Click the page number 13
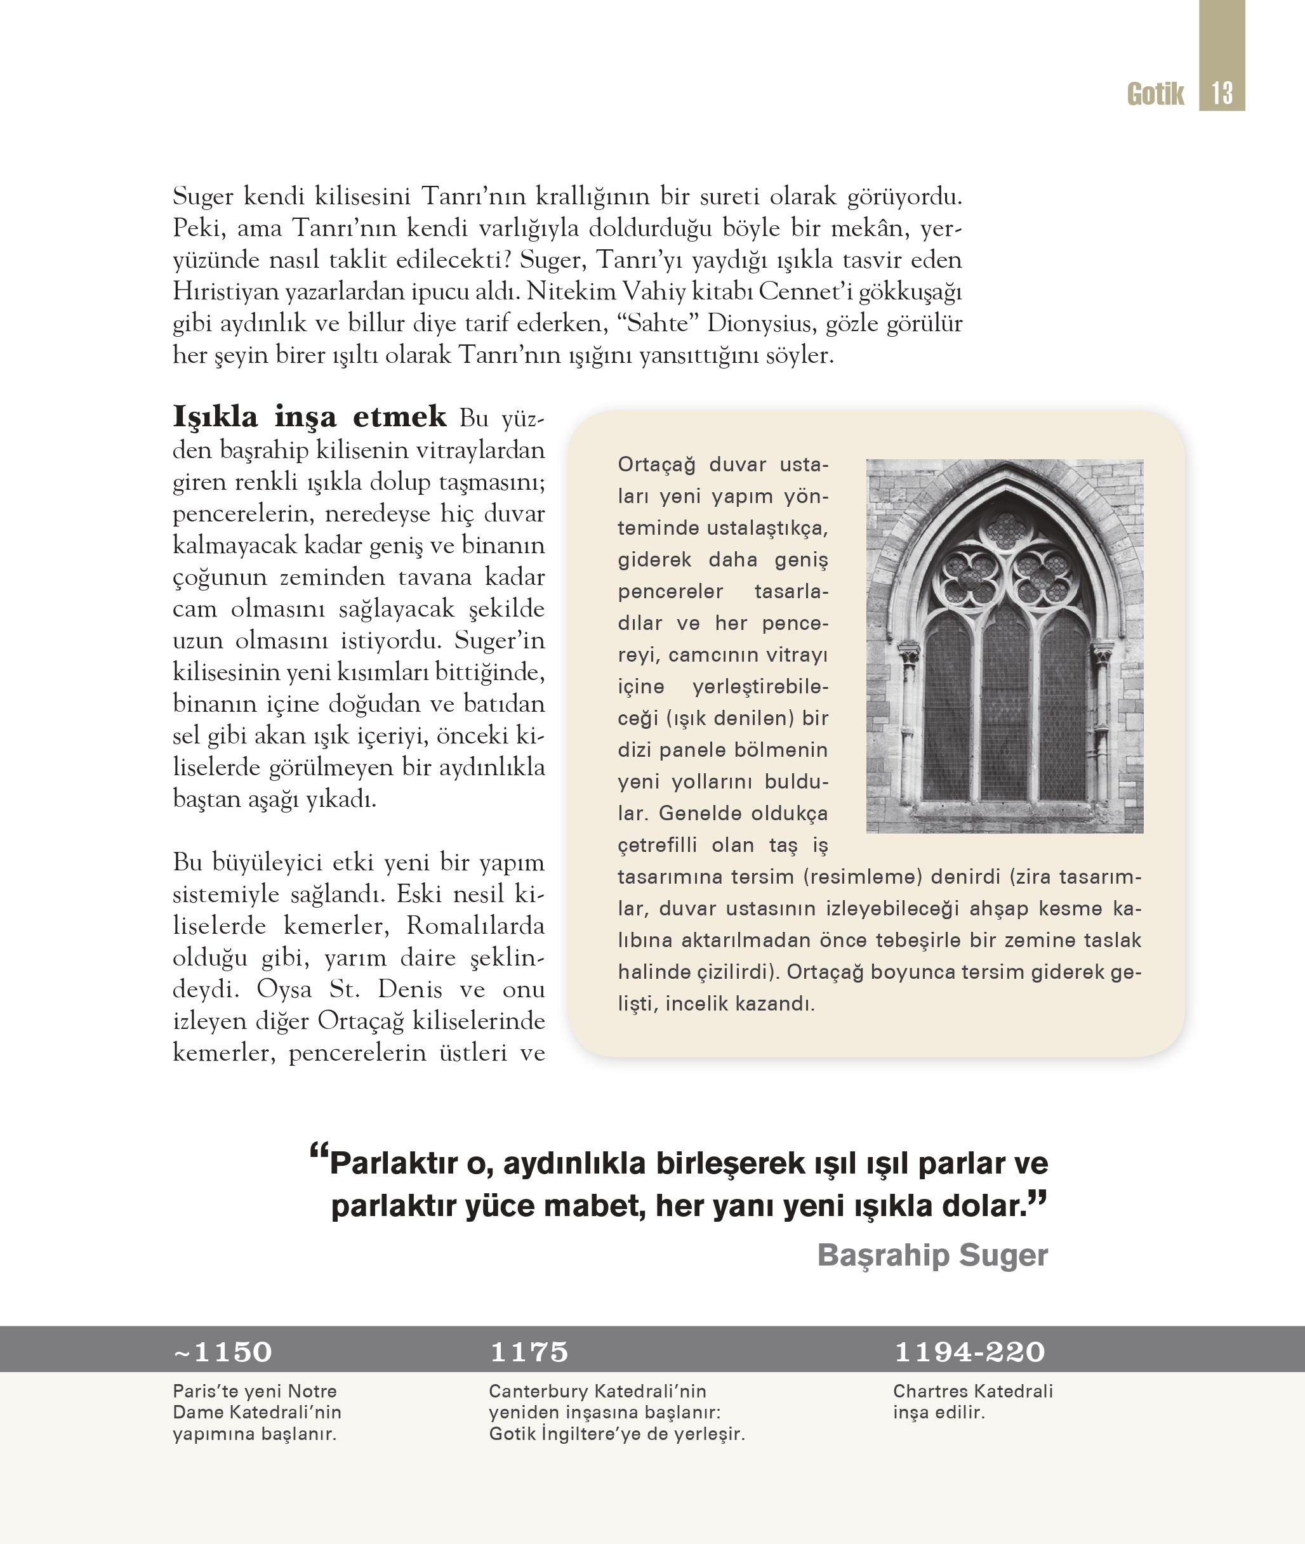(x=1222, y=93)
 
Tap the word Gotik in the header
(x=1155, y=94)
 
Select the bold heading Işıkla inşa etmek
(x=309, y=417)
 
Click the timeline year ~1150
(x=223, y=1352)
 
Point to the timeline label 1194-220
(x=969, y=1352)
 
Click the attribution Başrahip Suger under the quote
(x=932, y=1255)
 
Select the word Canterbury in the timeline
(x=538, y=1391)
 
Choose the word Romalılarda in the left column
(x=475, y=926)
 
